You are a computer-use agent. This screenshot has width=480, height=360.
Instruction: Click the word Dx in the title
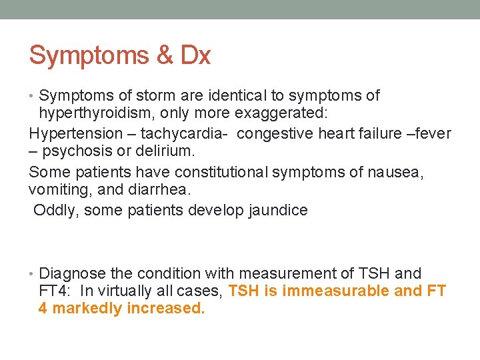[195, 55]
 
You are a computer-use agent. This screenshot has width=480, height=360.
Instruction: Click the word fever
[433, 133]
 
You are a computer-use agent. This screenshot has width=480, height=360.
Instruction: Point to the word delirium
[160, 153]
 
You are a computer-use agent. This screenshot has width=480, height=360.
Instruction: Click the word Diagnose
[72, 274]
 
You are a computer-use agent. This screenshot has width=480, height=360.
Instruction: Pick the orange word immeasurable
[330, 291]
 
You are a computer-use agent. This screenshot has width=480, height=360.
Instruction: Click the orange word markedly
[87, 309]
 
